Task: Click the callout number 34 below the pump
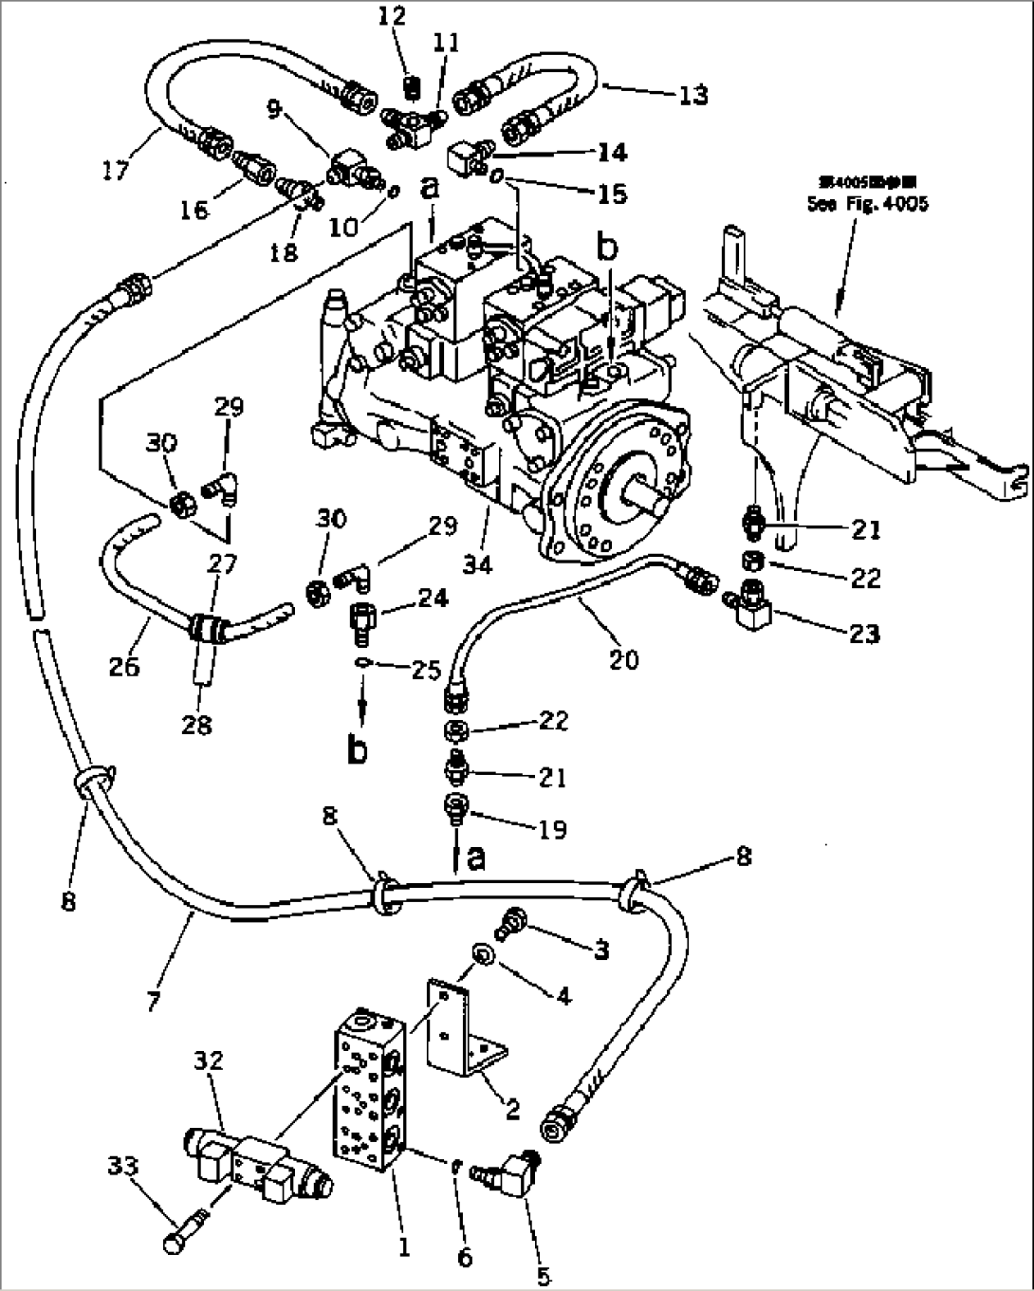pos(478,565)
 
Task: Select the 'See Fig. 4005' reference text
pos(867,203)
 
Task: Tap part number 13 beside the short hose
pos(692,95)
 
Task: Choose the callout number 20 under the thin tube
pos(623,657)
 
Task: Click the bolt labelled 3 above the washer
pos(513,919)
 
